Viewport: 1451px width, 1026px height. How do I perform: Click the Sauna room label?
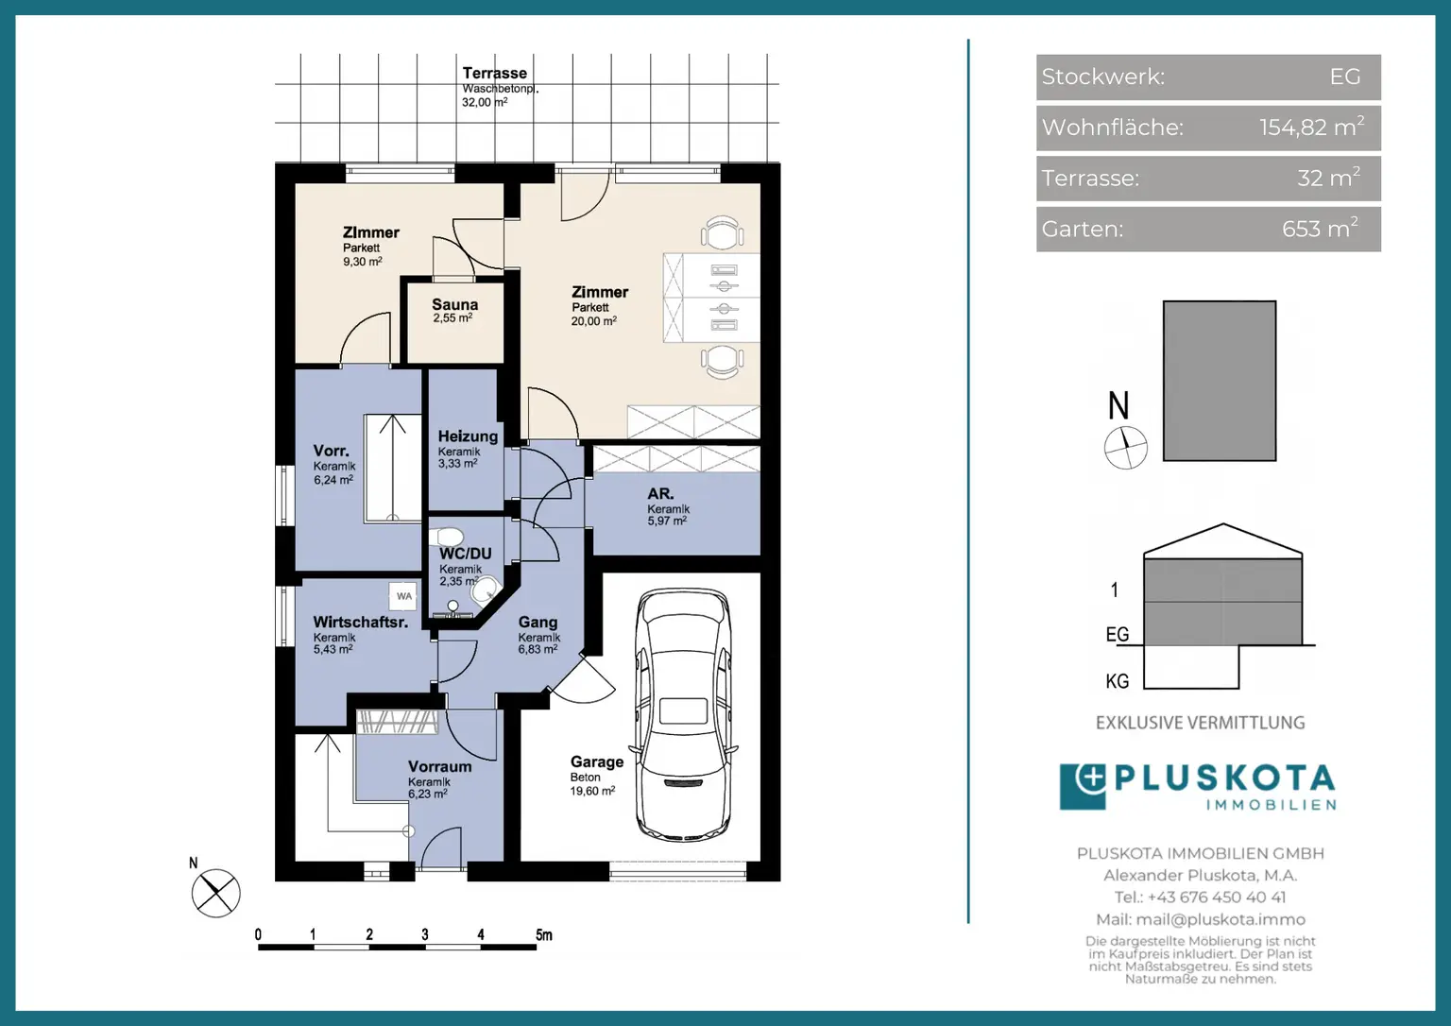point(454,304)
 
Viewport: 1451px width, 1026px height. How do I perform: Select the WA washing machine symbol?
point(403,596)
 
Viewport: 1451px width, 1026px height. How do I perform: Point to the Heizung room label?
point(468,436)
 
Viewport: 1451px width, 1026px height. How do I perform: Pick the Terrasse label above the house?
point(495,73)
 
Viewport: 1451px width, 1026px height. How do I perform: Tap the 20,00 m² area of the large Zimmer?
point(593,320)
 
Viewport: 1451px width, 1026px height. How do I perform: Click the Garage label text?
point(597,761)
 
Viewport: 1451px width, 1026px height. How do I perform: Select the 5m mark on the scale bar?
point(543,934)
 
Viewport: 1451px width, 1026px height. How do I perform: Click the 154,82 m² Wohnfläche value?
point(1312,128)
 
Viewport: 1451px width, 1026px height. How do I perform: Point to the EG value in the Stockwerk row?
point(1345,77)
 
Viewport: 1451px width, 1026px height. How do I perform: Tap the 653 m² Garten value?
point(1320,229)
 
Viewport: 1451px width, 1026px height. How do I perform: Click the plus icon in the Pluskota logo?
point(1091,778)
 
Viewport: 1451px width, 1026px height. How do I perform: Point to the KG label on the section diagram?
point(1118,681)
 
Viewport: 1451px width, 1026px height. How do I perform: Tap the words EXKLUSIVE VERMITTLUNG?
point(1201,723)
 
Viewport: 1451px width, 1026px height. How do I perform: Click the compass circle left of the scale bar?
point(215,893)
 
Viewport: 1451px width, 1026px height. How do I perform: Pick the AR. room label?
point(660,493)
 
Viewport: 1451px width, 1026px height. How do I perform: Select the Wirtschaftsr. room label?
point(360,623)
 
